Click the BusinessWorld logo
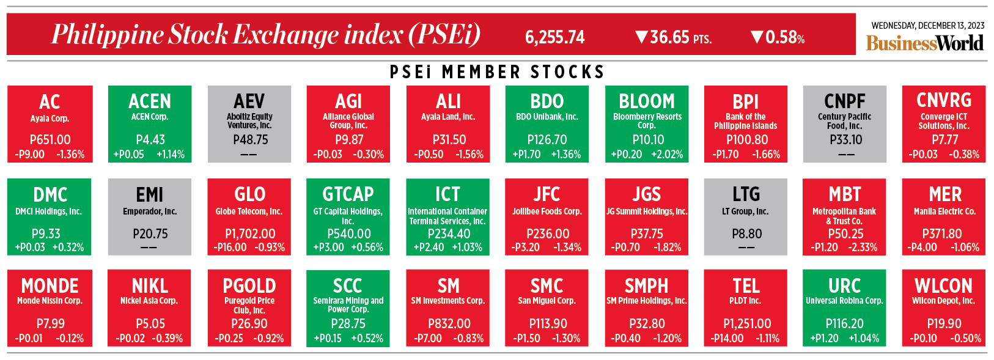(924, 43)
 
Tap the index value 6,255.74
(554, 37)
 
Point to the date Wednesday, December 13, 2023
(927, 26)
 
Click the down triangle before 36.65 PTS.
(641, 37)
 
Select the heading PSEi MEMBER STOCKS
(497, 72)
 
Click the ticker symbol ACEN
(150, 101)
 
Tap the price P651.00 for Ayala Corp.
(50, 139)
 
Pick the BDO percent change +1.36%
(565, 154)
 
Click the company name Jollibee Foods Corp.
(547, 211)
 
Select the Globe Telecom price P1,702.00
(250, 233)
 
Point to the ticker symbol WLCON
(943, 285)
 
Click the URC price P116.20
(844, 323)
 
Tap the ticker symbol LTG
(746, 194)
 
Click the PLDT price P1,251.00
(746, 323)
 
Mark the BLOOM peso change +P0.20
(627, 154)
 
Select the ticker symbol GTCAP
(348, 194)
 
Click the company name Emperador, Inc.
(150, 211)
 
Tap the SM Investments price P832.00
(449, 323)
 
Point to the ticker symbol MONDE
(50, 285)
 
